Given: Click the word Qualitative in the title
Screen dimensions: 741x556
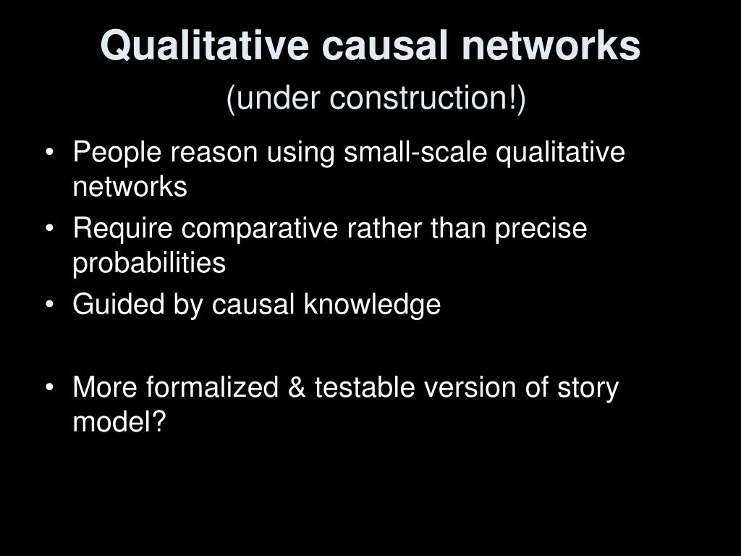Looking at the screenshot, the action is tap(205, 46).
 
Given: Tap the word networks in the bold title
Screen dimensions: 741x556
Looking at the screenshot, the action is tap(551, 46).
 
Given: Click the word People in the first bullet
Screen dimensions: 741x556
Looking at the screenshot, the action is tap(117, 152).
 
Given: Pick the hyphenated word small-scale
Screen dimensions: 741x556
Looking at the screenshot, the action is tap(415, 152).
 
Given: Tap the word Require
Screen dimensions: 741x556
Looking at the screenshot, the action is tap(123, 228).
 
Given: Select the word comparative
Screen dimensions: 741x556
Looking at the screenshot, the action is tap(260, 229).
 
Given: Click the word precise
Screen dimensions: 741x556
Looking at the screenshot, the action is tap(541, 229).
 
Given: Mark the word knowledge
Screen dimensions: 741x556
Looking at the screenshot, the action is tap(373, 305).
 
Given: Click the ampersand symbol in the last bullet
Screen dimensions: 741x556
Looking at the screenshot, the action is tap(296, 387).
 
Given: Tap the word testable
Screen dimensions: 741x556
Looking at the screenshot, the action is tap(365, 387).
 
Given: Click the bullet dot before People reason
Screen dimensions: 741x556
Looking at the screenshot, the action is tap(50, 153).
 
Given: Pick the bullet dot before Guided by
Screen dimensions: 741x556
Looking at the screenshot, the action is tap(50, 305).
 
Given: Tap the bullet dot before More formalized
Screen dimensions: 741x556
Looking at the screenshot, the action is tap(50, 388).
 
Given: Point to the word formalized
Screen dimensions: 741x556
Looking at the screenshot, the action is tap(212, 387).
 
